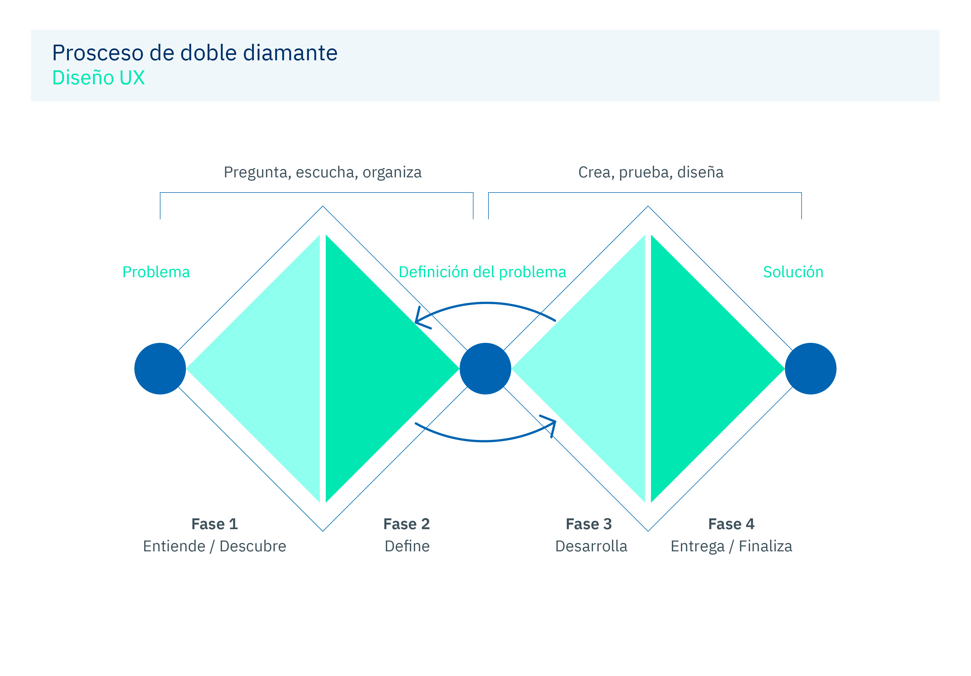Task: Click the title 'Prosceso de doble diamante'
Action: [195, 53]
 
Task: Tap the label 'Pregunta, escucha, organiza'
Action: [322, 172]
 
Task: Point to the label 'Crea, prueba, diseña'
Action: [650, 172]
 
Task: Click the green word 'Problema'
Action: [156, 272]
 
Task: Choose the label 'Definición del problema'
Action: [482, 272]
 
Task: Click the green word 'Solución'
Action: [793, 272]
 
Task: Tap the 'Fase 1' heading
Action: [214, 524]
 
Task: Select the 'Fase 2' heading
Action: [406, 524]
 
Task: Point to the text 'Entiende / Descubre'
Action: [214, 546]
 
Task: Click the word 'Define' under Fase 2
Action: [407, 546]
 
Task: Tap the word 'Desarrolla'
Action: [591, 546]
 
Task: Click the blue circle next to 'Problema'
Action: [160, 369]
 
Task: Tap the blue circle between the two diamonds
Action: [485, 369]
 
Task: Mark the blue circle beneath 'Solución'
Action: [810, 369]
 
